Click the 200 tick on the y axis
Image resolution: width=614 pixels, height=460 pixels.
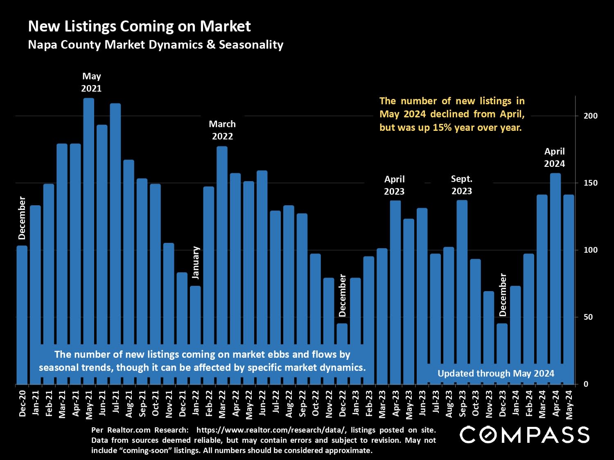[x=591, y=116]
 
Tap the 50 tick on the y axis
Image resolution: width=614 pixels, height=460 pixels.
[x=588, y=317]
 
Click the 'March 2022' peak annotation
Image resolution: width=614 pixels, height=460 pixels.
[x=222, y=130]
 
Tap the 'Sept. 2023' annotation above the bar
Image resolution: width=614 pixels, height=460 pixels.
[x=462, y=185]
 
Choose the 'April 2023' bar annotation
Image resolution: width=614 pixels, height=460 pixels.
[x=395, y=185]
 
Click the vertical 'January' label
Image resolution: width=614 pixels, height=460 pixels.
[x=196, y=263]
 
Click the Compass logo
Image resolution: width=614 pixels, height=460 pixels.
[x=525, y=435]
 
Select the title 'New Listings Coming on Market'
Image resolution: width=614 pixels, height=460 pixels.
[x=139, y=27]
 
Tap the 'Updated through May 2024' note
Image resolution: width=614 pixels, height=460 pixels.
[x=496, y=373]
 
